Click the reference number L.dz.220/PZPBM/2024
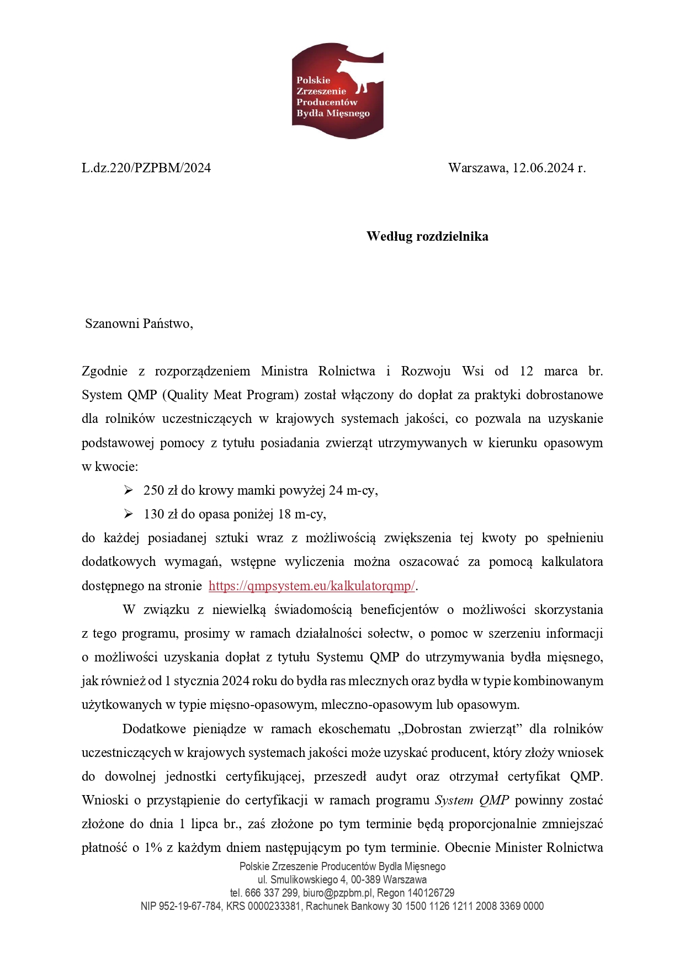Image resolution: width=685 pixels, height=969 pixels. pyautogui.click(x=146, y=168)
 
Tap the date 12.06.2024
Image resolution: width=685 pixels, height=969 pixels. pyautogui.click(x=543, y=168)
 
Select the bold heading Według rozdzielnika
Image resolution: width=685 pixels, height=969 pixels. pyautogui.click(x=427, y=236)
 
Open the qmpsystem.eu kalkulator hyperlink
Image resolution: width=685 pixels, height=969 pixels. pyautogui.click(x=312, y=586)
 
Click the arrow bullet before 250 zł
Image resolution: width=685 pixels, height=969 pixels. pyautogui.click(x=129, y=490)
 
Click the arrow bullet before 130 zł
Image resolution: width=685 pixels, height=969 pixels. pyautogui.click(x=129, y=514)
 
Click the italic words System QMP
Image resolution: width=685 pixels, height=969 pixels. pyautogui.click(x=472, y=800)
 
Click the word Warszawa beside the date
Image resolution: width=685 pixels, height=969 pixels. pyautogui.click(x=477, y=168)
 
